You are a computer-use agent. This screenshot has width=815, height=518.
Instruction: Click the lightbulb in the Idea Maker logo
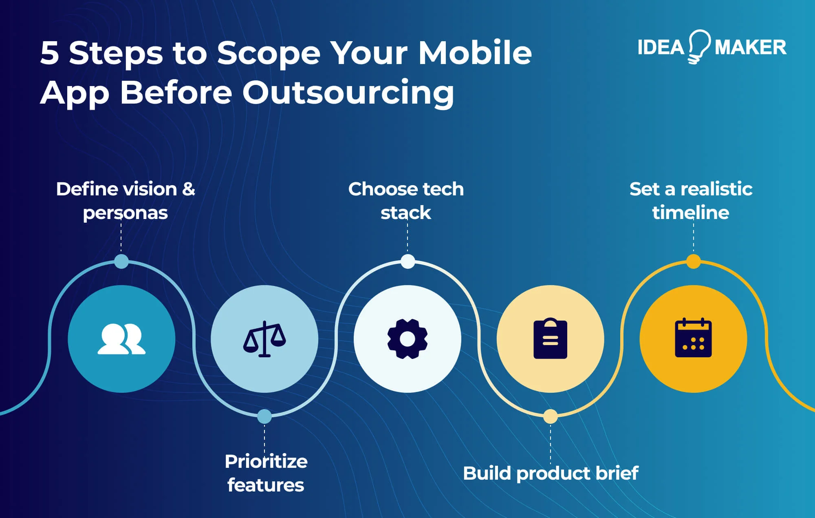(x=700, y=46)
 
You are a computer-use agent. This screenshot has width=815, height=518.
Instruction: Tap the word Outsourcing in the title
(x=348, y=93)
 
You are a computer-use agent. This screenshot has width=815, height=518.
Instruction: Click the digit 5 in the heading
(x=50, y=53)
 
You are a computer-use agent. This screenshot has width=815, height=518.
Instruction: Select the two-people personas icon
(x=121, y=339)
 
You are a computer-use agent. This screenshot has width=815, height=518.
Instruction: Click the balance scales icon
(x=264, y=339)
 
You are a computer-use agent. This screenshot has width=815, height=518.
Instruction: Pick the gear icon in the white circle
(x=407, y=339)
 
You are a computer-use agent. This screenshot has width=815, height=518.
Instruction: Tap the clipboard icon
(x=550, y=339)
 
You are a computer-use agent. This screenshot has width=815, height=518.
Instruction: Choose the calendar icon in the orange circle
(x=693, y=339)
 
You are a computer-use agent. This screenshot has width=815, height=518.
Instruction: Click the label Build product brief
(x=551, y=474)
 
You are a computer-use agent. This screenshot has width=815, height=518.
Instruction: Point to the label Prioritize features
(x=266, y=473)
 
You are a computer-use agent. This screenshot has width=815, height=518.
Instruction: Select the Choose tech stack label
(x=406, y=201)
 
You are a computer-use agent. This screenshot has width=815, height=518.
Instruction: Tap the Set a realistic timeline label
(x=691, y=201)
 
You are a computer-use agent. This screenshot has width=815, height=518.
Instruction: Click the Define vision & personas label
(x=126, y=201)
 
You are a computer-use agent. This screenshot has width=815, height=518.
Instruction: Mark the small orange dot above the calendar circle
(x=693, y=261)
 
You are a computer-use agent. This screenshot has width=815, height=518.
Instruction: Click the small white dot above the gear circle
(x=407, y=261)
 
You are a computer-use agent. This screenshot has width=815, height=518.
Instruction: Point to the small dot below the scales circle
(x=264, y=416)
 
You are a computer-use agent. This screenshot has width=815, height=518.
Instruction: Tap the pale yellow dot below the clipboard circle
(x=550, y=416)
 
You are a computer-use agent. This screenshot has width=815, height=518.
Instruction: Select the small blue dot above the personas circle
(x=121, y=261)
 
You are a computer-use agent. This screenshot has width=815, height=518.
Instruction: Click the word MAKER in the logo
(x=750, y=47)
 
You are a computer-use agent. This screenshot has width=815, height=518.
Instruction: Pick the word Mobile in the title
(x=475, y=53)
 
